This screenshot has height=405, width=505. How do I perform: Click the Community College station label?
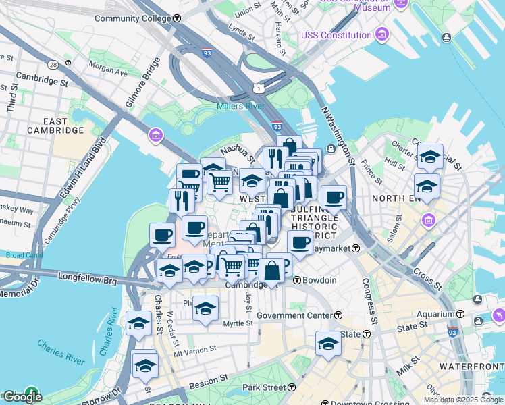coord(133,18)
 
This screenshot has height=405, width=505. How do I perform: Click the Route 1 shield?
coord(259,88)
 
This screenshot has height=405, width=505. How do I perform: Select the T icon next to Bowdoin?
coord(297,280)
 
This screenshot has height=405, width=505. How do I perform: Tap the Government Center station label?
coord(294,315)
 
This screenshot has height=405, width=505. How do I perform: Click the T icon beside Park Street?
coord(292,388)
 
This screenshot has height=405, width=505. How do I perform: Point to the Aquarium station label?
coord(435,314)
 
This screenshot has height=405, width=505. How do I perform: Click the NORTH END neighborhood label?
coord(412,198)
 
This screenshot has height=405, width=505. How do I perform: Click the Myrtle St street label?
coord(238,323)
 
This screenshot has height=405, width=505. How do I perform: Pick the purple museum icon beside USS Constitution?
coord(383,34)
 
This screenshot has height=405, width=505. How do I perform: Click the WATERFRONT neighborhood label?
coord(471,366)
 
